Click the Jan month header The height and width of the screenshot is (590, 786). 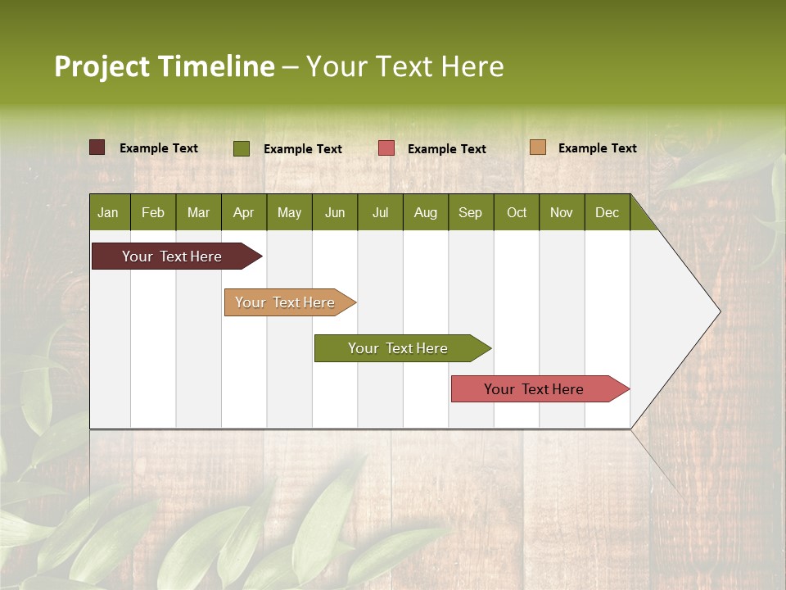[x=108, y=212]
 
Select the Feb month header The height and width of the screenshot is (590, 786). [x=153, y=212]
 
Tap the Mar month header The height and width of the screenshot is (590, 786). [x=198, y=212]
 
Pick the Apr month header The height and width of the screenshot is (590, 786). [x=244, y=212]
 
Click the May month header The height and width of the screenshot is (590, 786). [x=289, y=212]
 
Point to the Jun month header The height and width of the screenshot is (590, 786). [x=335, y=212]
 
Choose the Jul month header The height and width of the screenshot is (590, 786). [x=380, y=212]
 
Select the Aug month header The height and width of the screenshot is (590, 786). [x=426, y=212]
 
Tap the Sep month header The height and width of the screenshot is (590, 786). [x=471, y=212]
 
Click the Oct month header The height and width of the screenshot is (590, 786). [x=517, y=212]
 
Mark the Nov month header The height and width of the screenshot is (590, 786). [x=562, y=212]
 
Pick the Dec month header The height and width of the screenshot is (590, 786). [x=608, y=212]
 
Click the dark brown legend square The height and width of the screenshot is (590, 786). [x=97, y=147]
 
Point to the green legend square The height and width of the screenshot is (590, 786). [x=242, y=148]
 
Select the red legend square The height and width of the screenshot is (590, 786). [x=386, y=148]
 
